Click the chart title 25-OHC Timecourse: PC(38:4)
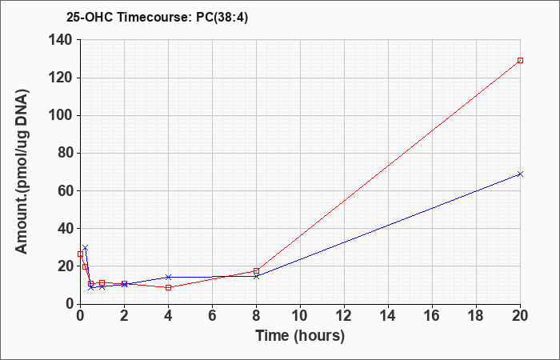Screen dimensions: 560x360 pos(157,18)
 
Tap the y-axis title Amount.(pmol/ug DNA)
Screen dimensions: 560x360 pos(22,171)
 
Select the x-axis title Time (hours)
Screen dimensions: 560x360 pos(300,336)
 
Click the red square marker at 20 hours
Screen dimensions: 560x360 pos(520,60)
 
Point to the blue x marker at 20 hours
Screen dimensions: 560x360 pos(520,174)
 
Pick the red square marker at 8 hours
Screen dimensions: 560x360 pos(257,270)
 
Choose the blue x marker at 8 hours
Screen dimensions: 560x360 pos(257,276)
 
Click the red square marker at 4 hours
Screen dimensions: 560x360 pos(169,287)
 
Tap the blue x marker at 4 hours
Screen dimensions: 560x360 pos(169,277)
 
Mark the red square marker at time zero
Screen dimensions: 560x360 pos(80,254)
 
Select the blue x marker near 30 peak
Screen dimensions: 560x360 pos(85,247)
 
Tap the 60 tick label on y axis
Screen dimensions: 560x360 pos(66,190)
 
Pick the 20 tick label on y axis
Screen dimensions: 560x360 pos(66,266)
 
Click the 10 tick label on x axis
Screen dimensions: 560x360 pos(300,316)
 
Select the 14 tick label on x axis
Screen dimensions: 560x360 pos(388,316)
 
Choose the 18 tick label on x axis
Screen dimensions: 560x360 pos(477,316)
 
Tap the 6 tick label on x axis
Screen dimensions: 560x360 pos(213,316)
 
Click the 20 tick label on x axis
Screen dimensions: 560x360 pos(519,316)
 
